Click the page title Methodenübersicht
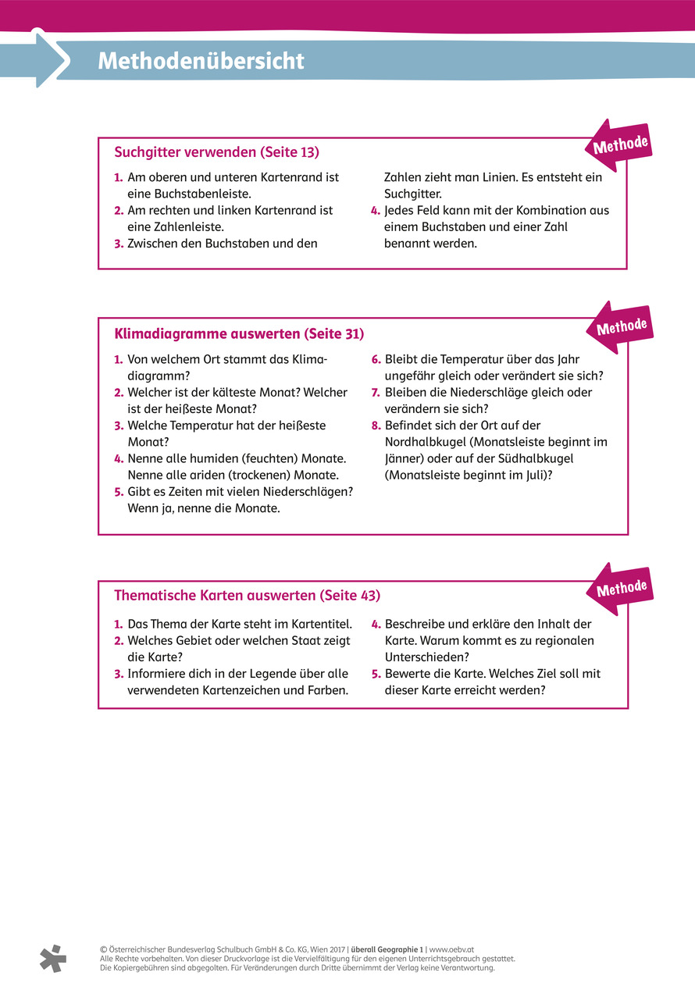(x=201, y=61)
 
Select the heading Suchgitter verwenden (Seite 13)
(x=216, y=151)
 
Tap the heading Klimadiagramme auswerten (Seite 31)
(x=239, y=333)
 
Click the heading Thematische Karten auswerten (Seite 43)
(x=247, y=595)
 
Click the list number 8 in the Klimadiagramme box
(x=376, y=426)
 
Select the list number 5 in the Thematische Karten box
(x=376, y=674)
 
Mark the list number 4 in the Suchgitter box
(x=376, y=211)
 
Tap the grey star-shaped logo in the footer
(x=53, y=957)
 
